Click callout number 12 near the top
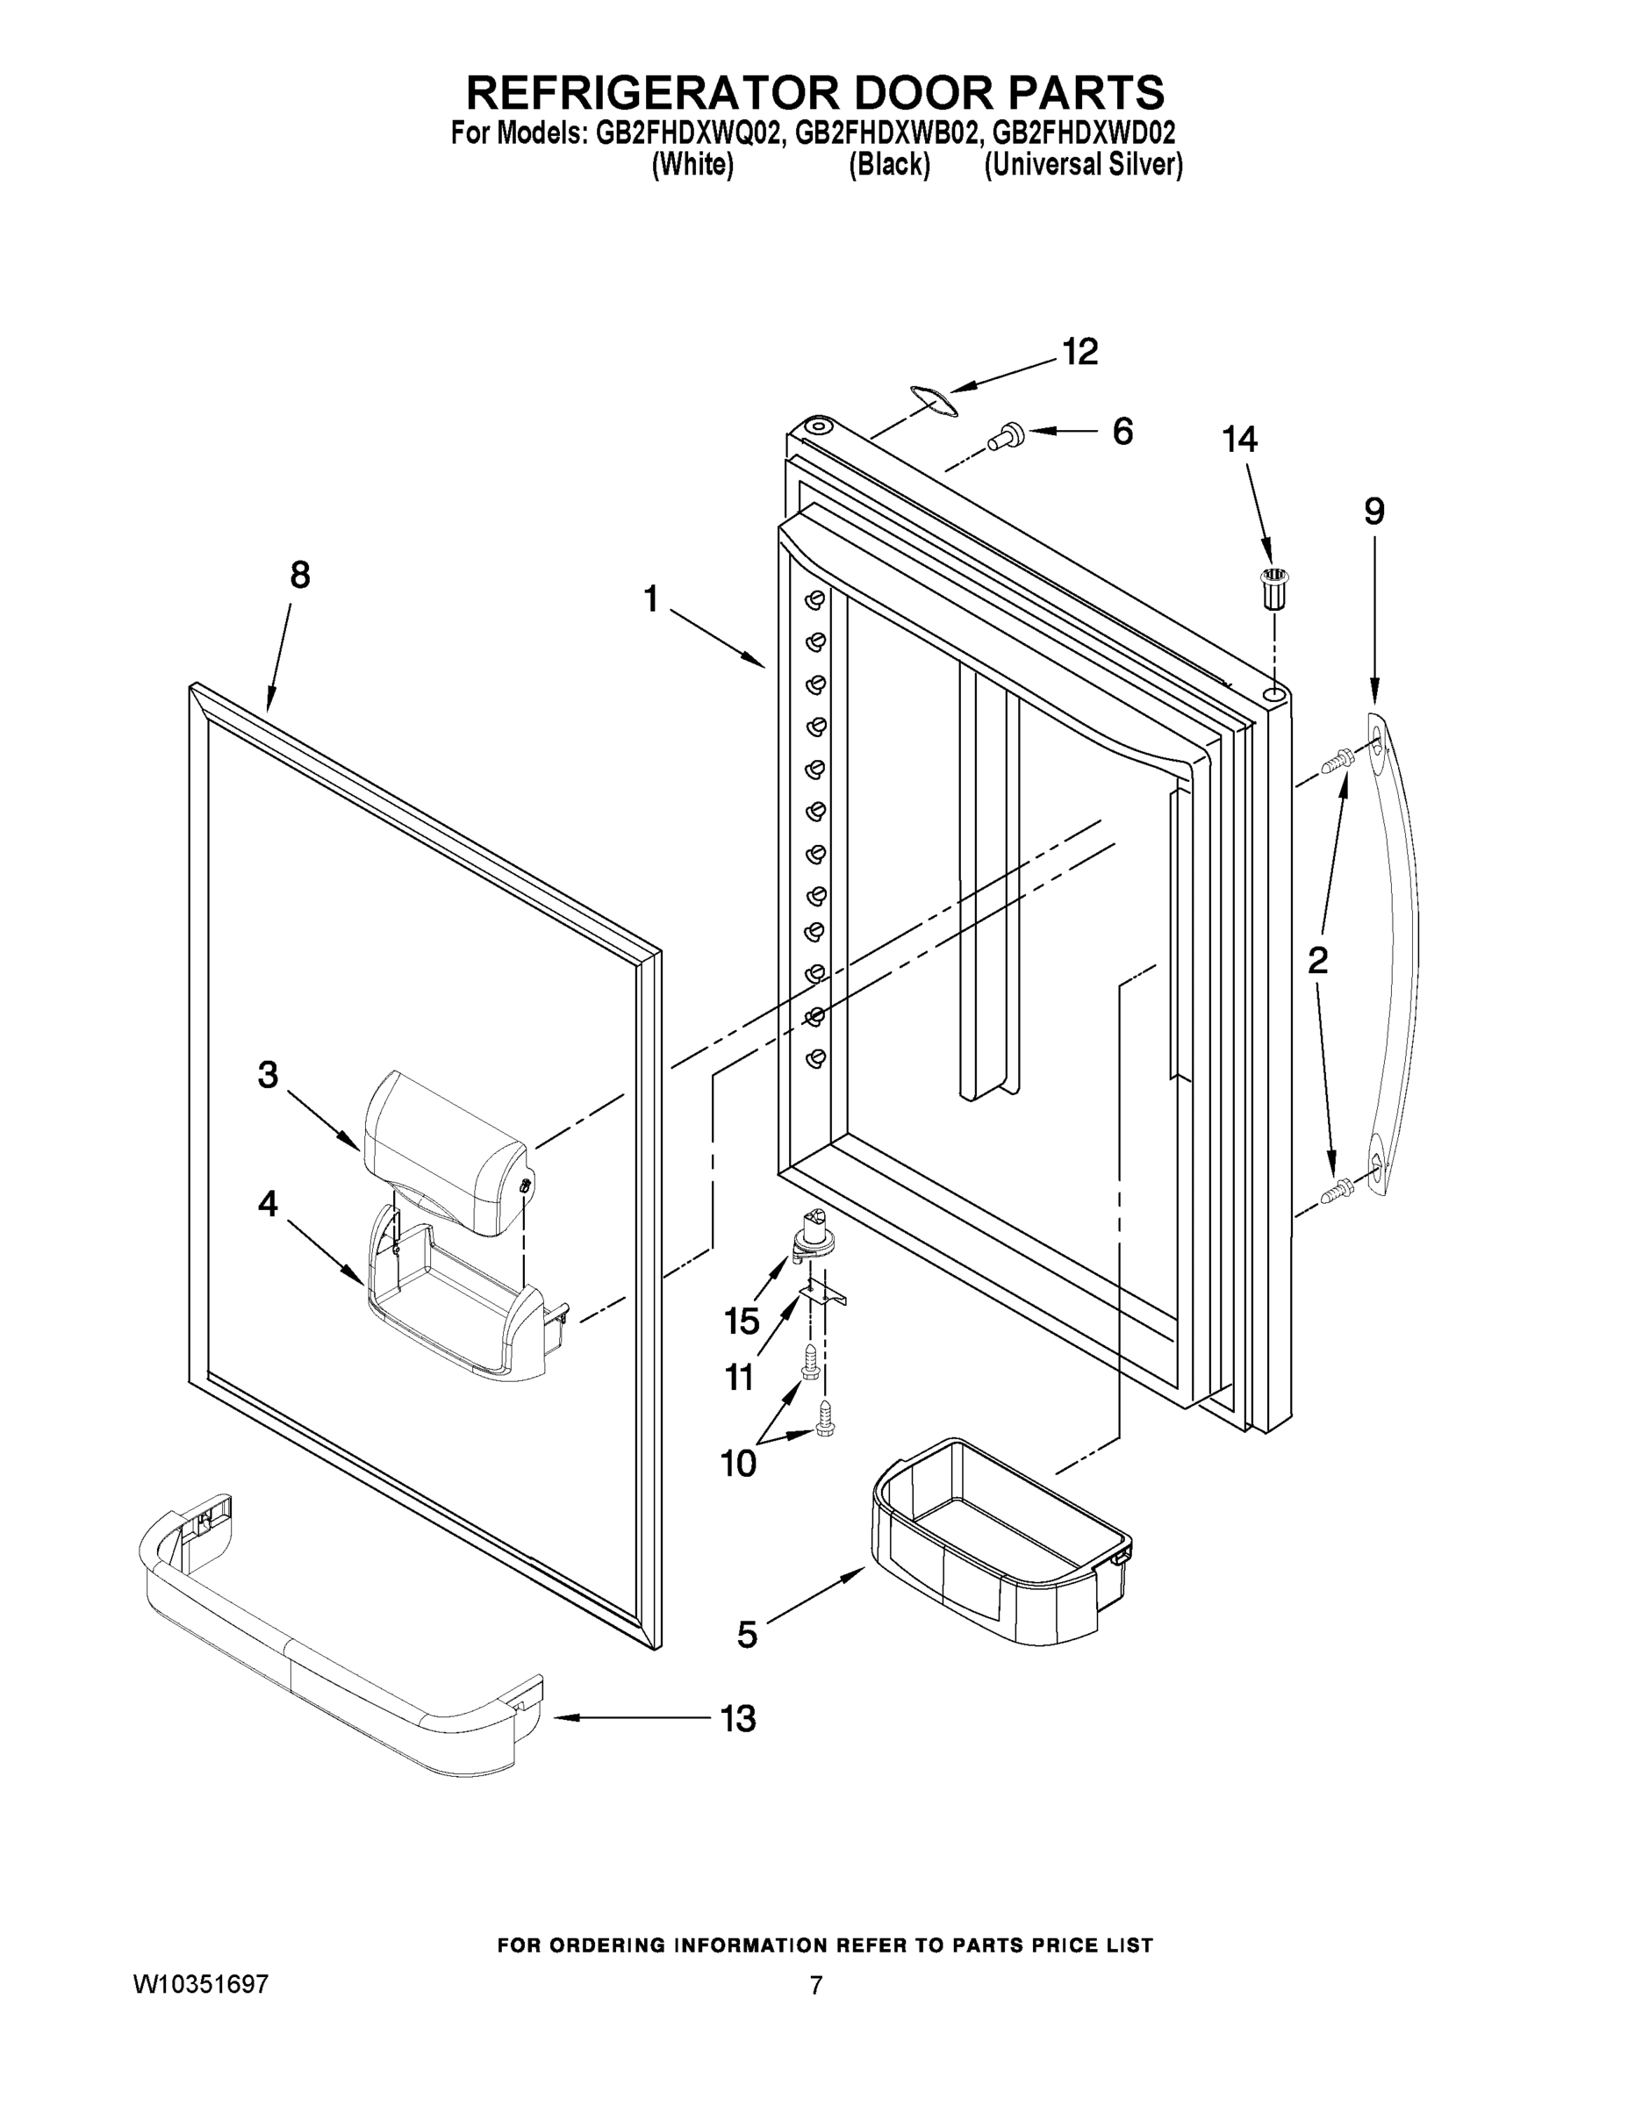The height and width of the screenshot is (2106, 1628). (x=1079, y=353)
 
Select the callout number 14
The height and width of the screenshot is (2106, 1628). (x=1239, y=440)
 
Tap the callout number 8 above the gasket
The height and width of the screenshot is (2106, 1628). (x=300, y=576)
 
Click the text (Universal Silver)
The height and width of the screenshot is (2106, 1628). (x=1083, y=165)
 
